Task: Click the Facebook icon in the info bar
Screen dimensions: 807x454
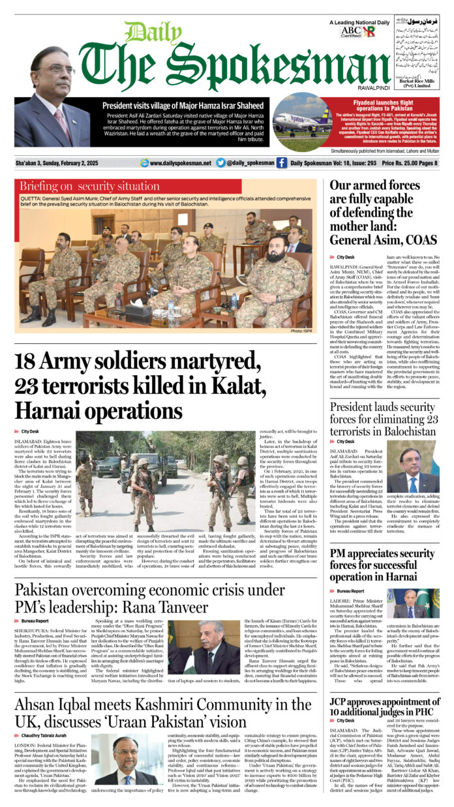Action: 281,163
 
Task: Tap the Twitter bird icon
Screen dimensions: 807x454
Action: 220,163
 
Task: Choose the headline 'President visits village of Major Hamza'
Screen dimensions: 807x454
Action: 176,104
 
